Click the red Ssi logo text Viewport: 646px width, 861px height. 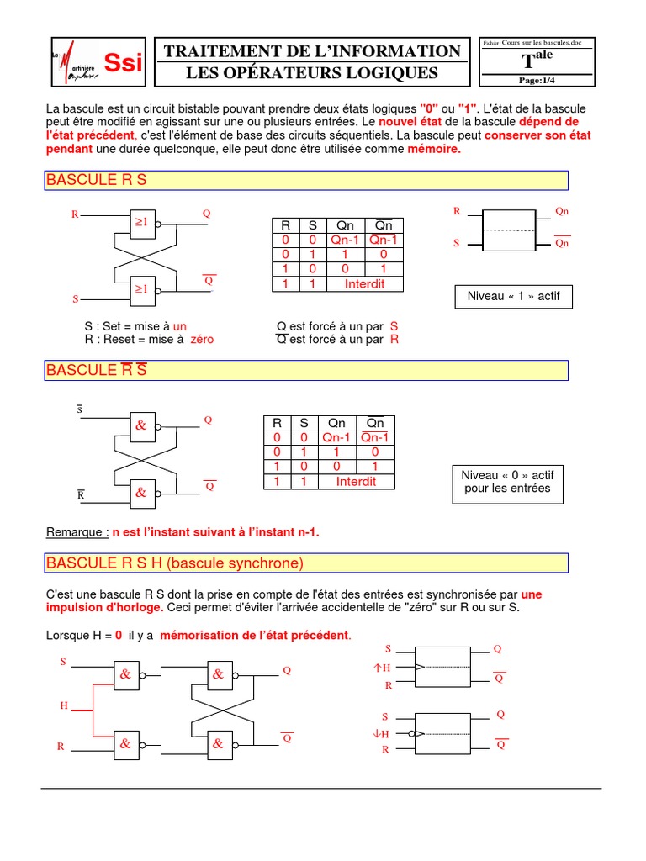tap(123, 61)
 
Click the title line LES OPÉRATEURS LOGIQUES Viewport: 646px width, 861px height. tap(312, 73)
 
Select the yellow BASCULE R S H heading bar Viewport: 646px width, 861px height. tap(307, 563)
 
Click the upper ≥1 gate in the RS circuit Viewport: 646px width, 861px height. tap(141, 222)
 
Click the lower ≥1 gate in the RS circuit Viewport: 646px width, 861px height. tap(141, 289)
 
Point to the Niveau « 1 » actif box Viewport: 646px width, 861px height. tap(513, 296)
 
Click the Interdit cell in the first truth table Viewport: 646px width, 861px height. tap(364, 284)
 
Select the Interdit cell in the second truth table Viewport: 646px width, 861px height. tap(356, 482)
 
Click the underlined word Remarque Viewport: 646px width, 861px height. tap(77, 532)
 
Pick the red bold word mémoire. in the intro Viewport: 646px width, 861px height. tap(434, 149)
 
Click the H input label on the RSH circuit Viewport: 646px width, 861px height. tap(64, 705)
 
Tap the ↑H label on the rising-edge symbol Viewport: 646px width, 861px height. tap(383, 668)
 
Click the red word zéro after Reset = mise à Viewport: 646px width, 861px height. tap(202, 340)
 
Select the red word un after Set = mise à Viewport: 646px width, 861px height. tap(179, 326)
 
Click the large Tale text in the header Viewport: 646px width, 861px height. tap(537, 59)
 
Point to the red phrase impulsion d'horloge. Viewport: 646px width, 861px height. tap(105, 607)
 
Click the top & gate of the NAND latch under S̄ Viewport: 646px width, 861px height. tap(140, 425)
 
